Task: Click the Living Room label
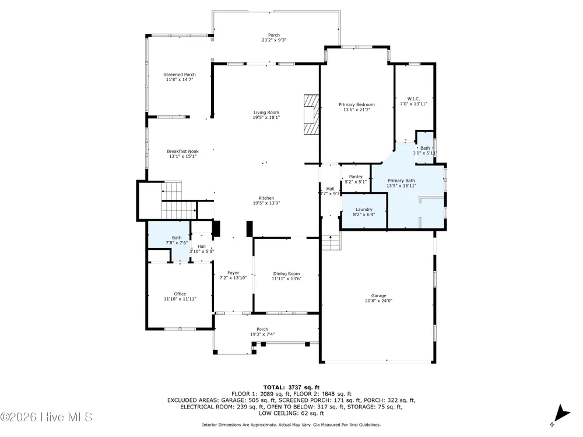(266, 112)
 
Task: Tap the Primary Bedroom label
(357, 105)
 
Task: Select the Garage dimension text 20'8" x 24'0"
(378, 301)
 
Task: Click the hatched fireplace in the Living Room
(311, 114)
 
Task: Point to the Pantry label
(356, 177)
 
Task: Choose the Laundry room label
(364, 210)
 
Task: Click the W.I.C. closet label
(413, 99)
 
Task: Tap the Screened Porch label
(180, 75)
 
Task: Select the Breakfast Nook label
(182, 151)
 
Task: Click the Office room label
(180, 294)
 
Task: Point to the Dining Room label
(286, 274)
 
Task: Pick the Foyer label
(233, 273)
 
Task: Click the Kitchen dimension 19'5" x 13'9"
(266, 203)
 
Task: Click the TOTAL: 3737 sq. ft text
(291, 387)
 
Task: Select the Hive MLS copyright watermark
(46, 417)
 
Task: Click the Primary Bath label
(401, 181)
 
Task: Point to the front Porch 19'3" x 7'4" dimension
(262, 334)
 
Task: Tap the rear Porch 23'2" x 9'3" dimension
(274, 40)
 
